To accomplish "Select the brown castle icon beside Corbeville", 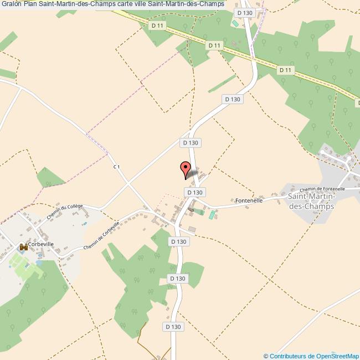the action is pyautogui.click(x=23, y=247).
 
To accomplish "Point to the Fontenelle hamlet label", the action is pyautogui.click(x=249, y=200).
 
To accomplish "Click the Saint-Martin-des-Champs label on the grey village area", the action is pyautogui.click(x=312, y=200).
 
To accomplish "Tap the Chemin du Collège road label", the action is pyautogui.click(x=64, y=212).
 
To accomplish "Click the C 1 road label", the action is pyautogui.click(x=116, y=166).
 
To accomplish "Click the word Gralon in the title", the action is pyautogui.click(x=11, y=4).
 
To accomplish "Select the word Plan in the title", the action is pyautogui.click(x=30, y=4).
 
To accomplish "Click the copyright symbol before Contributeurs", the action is pyautogui.click(x=266, y=356).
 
